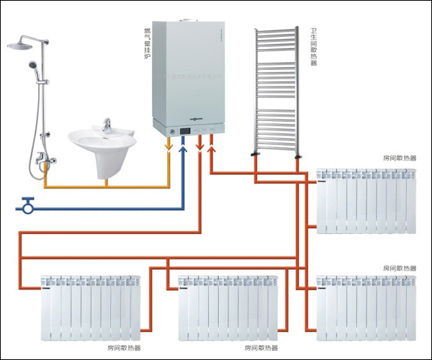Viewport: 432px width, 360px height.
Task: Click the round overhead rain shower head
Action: click(x=21, y=45)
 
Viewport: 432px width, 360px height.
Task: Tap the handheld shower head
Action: click(x=32, y=67)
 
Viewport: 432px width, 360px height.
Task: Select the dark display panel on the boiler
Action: click(x=186, y=130)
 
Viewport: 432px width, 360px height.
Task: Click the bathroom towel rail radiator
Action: click(x=275, y=90)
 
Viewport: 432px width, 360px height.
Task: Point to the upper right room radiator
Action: click(x=366, y=201)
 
